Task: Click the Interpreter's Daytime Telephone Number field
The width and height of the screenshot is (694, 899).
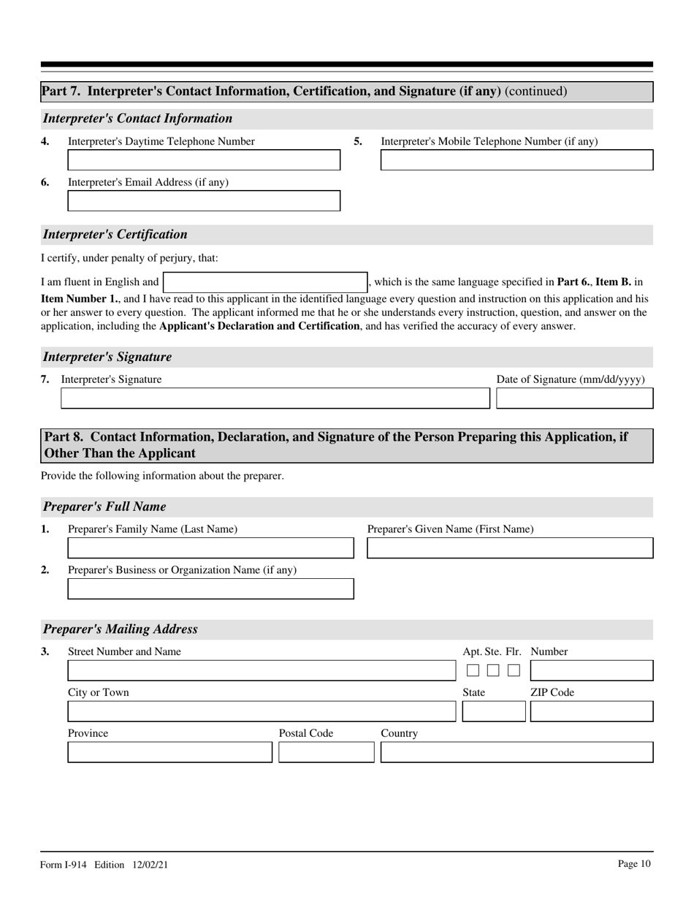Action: (x=204, y=160)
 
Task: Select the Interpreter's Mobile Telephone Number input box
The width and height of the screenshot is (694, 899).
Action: (x=516, y=160)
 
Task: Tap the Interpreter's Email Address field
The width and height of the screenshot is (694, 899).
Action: (x=204, y=201)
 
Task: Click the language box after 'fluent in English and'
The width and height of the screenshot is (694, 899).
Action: (x=264, y=282)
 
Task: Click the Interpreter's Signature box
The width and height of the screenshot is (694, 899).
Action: (x=275, y=398)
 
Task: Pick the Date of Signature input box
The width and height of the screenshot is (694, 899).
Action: (x=574, y=398)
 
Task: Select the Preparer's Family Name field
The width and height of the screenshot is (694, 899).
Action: (x=210, y=548)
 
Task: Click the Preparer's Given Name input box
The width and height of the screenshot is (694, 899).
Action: (x=509, y=548)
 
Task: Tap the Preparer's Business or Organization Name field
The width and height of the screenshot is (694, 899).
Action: (x=210, y=589)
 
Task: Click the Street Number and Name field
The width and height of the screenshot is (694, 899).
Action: (x=251, y=670)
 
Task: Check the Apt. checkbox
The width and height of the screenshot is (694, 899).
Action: (x=473, y=670)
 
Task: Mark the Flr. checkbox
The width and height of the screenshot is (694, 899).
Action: (x=514, y=670)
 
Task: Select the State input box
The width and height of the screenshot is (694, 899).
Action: (x=493, y=711)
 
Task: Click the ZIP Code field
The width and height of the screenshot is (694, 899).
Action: (x=591, y=711)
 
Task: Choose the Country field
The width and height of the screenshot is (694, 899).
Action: (x=516, y=752)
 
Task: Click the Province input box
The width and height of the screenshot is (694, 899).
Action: (x=169, y=752)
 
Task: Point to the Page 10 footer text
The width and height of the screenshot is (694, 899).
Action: (x=633, y=864)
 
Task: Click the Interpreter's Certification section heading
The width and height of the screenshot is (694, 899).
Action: (x=115, y=235)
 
